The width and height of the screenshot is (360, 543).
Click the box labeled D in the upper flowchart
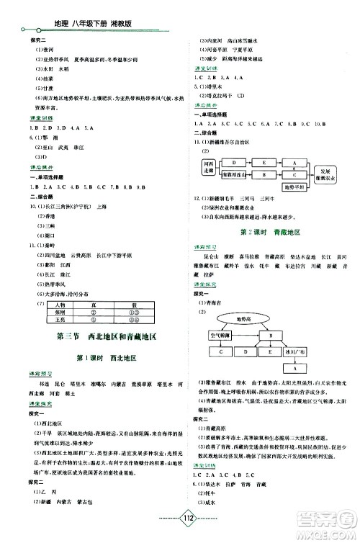click(x=235, y=163)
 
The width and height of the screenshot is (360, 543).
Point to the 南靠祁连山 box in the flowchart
click(x=235, y=174)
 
